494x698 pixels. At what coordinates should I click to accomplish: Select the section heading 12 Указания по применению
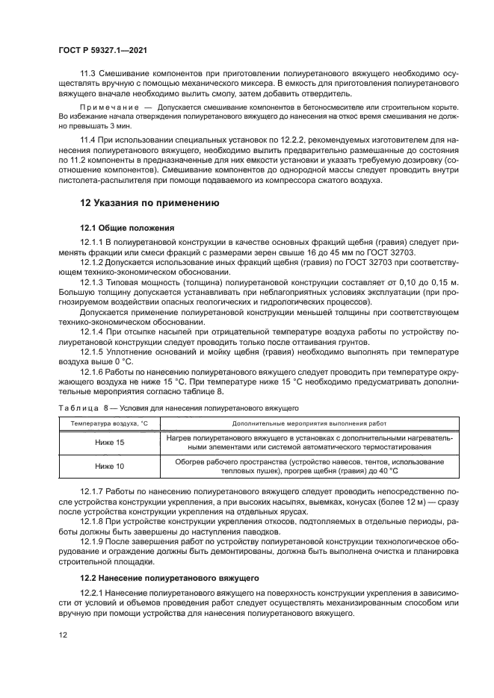[149, 202]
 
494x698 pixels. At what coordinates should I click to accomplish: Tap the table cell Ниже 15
[110, 443]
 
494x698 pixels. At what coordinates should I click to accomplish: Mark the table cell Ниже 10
[110, 466]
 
